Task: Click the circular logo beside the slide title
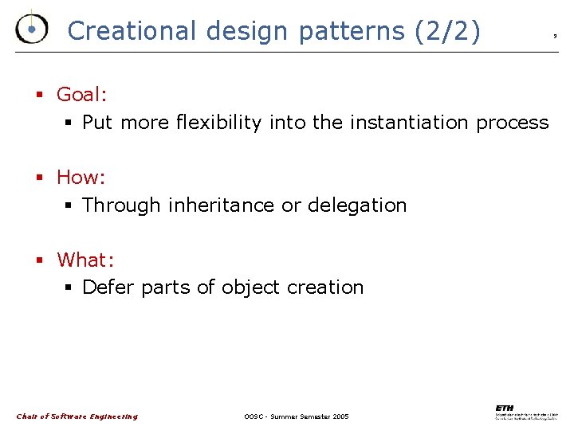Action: [31, 29]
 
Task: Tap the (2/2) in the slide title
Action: [448, 31]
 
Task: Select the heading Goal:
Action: [82, 95]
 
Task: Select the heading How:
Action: [81, 177]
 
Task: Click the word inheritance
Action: [222, 205]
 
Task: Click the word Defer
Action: [108, 287]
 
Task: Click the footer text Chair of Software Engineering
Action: [77, 416]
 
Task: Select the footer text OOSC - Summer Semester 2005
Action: [297, 416]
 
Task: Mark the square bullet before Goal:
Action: [38, 96]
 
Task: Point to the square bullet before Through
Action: [69, 206]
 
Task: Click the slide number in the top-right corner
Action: [555, 36]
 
